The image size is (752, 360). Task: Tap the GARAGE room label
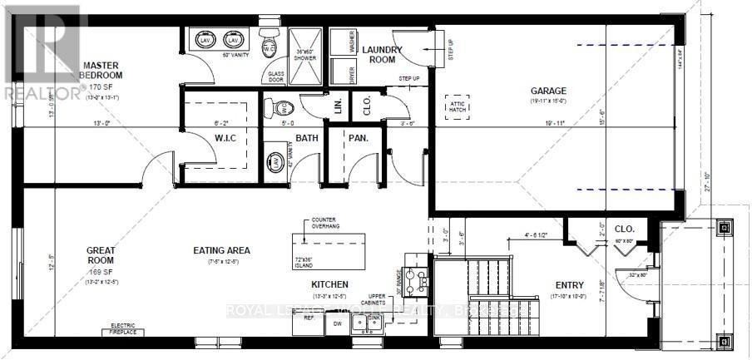click(549, 91)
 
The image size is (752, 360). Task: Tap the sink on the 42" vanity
click(273, 162)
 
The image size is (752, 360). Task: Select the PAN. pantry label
click(358, 138)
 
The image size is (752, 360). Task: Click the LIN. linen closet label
click(337, 106)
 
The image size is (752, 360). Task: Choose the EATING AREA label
click(221, 250)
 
